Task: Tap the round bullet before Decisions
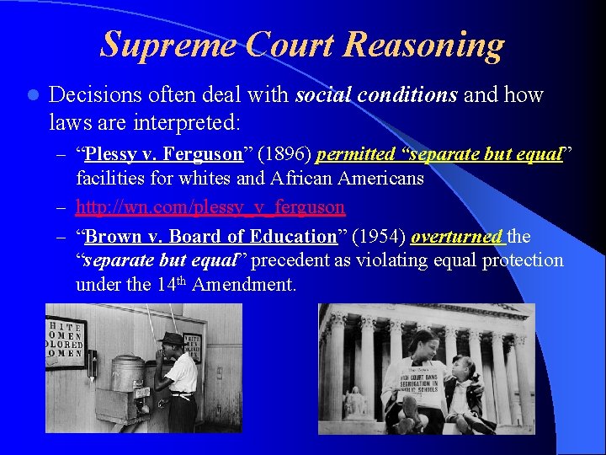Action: click(x=29, y=95)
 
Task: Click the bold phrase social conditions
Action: click(x=376, y=95)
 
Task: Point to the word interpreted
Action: click(x=182, y=123)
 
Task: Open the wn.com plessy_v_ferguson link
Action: click(x=210, y=206)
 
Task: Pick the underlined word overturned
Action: click(x=457, y=237)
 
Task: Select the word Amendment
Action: click(x=244, y=285)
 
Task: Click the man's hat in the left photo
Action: click(x=172, y=339)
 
